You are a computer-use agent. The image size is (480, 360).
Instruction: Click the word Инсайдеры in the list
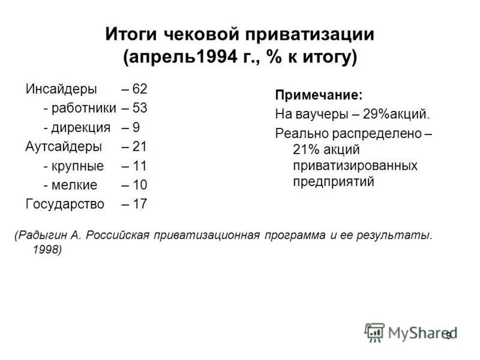click(61, 89)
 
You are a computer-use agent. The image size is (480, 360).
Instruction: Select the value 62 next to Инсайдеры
click(139, 89)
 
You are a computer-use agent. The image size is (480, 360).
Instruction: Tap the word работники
click(83, 108)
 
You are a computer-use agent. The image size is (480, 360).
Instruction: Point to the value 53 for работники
click(139, 108)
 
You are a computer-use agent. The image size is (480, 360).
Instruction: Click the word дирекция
click(81, 127)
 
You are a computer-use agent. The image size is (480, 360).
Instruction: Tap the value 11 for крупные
click(139, 166)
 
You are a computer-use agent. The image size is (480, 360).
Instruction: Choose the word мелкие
click(75, 185)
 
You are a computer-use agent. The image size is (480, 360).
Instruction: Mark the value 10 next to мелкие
click(139, 185)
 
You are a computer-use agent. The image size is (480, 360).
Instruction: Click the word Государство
click(65, 204)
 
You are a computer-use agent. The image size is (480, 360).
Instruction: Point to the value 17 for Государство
click(139, 204)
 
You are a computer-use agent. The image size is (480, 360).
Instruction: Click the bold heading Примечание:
click(319, 95)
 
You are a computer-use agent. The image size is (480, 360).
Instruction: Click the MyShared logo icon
click(374, 332)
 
